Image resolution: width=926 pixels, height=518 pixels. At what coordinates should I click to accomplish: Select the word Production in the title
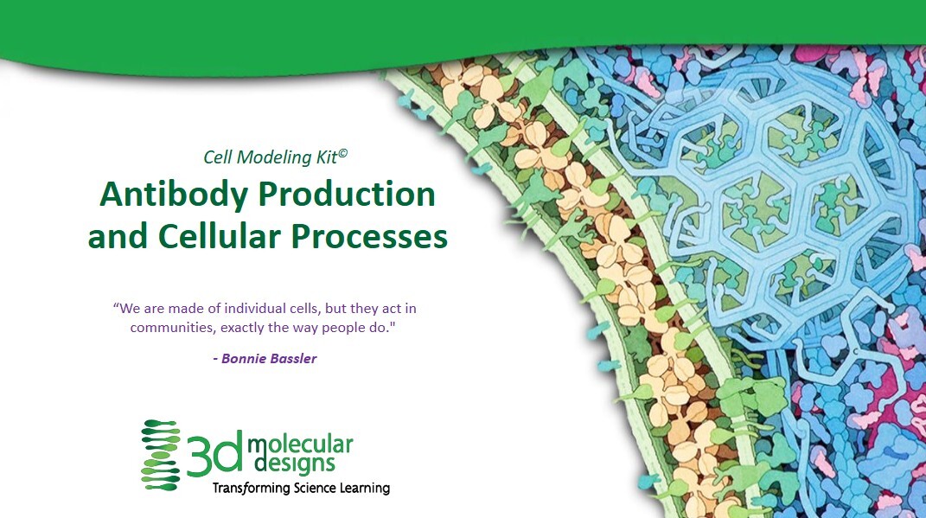coord(347,195)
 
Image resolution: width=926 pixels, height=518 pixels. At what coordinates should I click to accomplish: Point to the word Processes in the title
coord(369,237)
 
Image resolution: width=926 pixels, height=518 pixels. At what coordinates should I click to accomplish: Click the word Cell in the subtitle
coord(217,157)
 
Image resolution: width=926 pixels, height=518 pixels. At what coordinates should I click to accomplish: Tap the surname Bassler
coord(293,359)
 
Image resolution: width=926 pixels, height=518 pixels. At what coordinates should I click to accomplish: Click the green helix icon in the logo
coord(161,455)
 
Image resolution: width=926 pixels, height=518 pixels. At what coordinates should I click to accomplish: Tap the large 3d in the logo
coord(215,453)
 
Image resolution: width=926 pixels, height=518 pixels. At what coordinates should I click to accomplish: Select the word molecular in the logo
coord(300,444)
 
